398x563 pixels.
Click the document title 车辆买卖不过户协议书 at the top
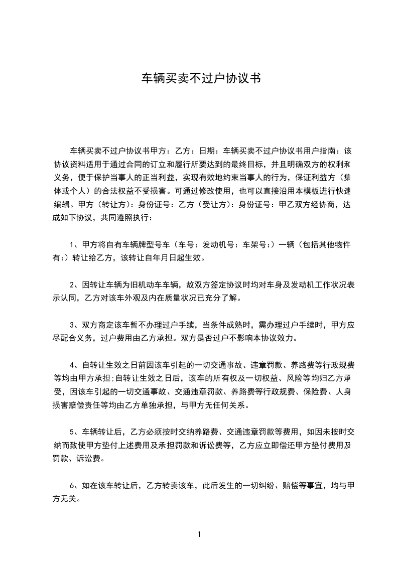coord(199,79)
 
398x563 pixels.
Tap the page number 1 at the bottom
coord(199,534)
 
